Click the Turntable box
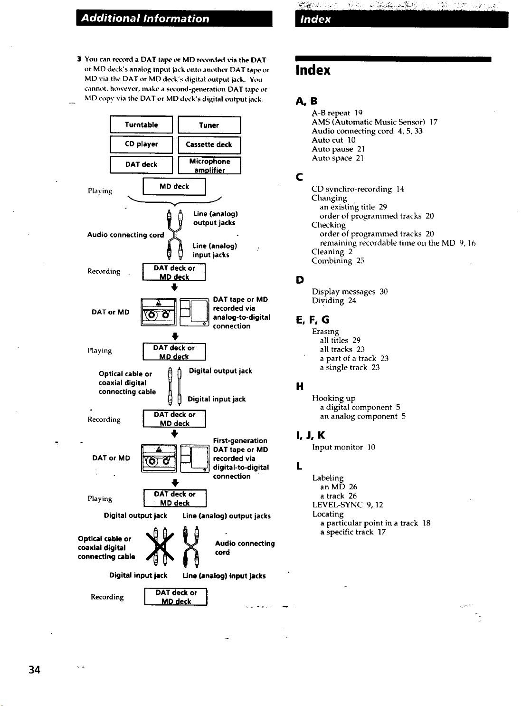pyautogui.click(x=142, y=124)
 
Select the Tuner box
pyautogui.click(x=209, y=125)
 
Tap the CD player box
pyautogui.click(x=142, y=144)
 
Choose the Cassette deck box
pyautogui.click(x=209, y=145)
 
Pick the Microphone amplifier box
pyautogui.click(x=209, y=165)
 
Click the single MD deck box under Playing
pyautogui.click(x=174, y=187)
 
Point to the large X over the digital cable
pyautogui.click(x=160, y=546)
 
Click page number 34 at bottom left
pyautogui.click(x=34, y=670)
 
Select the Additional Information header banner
pyautogui.click(x=174, y=19)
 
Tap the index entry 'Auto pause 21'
pyautogui.click(x=338, y=149)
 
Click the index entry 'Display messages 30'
pyautogui.click(x=350, y=292)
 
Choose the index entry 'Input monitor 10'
pyautogui.click(x=343, y=447)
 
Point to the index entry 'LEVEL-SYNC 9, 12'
pyautogui.click(x=348, y=505)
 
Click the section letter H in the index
pyautogui.click(x=300, y=386)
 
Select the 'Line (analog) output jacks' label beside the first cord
pyautogui.click(x=216, y=219)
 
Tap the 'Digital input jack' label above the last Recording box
pyautogui.click(x=138, y=575)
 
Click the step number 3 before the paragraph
pyautogui.click(x=79, y=59)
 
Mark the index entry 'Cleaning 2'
pyautogui.click(x=332, y=252)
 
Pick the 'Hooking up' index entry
pyautogui.click(x=333, y=398)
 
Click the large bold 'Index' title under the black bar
pyautogui.click(x=313, y=70)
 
